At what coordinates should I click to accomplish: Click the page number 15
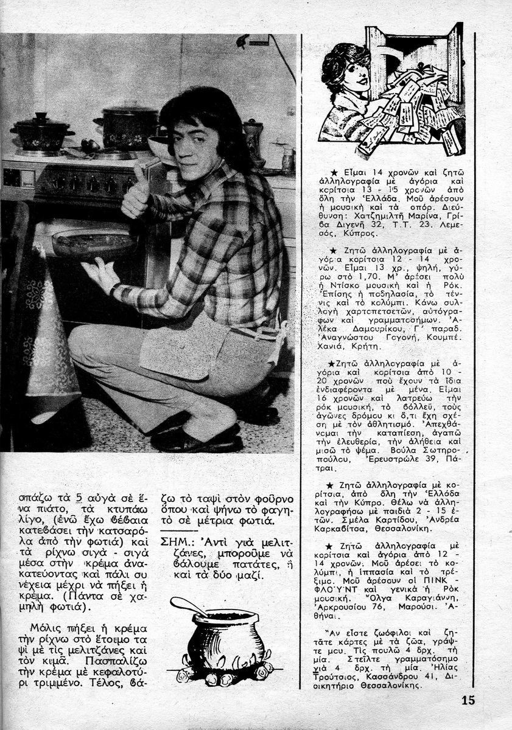pos(468,700)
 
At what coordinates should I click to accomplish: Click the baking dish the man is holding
pos(94,243)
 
